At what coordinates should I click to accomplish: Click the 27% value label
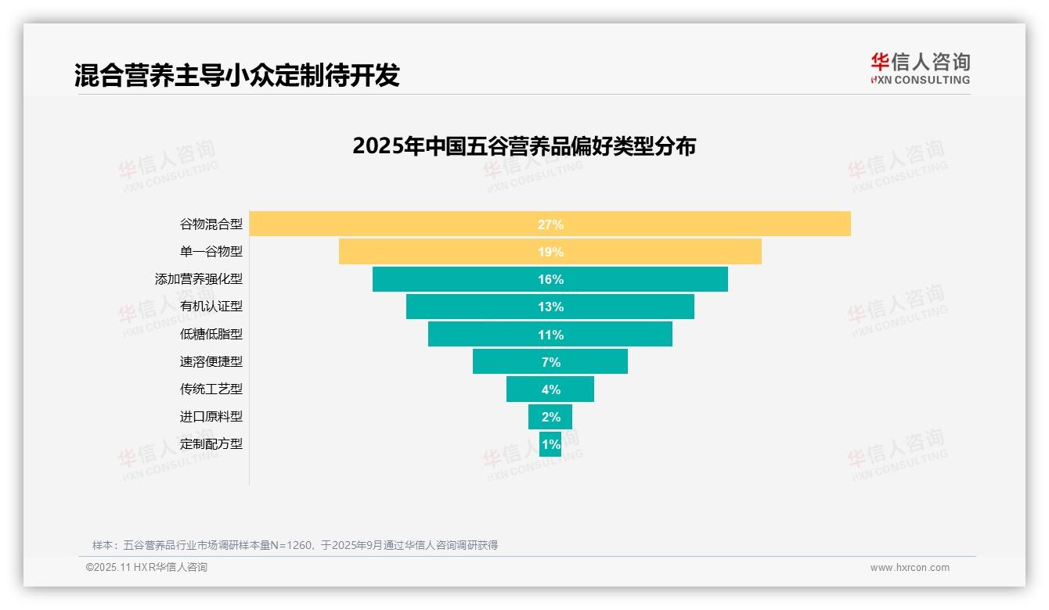pyautogui.click(x=550, y=224)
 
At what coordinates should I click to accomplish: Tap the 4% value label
pyautogui.click(x=550, y=389)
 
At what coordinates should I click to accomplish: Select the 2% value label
pyautogui.click(x=550, y=417)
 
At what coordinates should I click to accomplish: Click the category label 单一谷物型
pyautogui.click(x=211, y=251)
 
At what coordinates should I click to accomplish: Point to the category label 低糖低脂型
pyautogui.click(x=211, y=334)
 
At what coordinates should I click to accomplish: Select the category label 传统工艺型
pyautogui.click(x=211, y=389)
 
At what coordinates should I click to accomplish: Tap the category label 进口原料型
pyautogui.click(x=211, y=416)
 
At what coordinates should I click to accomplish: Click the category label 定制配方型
pyautogui.click(x=211, y=443)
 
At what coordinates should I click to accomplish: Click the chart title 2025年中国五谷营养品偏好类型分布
pyautogui.click(x=524, y=146)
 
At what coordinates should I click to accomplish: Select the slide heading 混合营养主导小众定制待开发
pyautogui.click(x=236, y=75)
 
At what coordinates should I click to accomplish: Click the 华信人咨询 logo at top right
pyautogui.click(x=920, y=68)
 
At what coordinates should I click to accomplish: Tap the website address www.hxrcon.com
pyautogui.click(x=910, y=568)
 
